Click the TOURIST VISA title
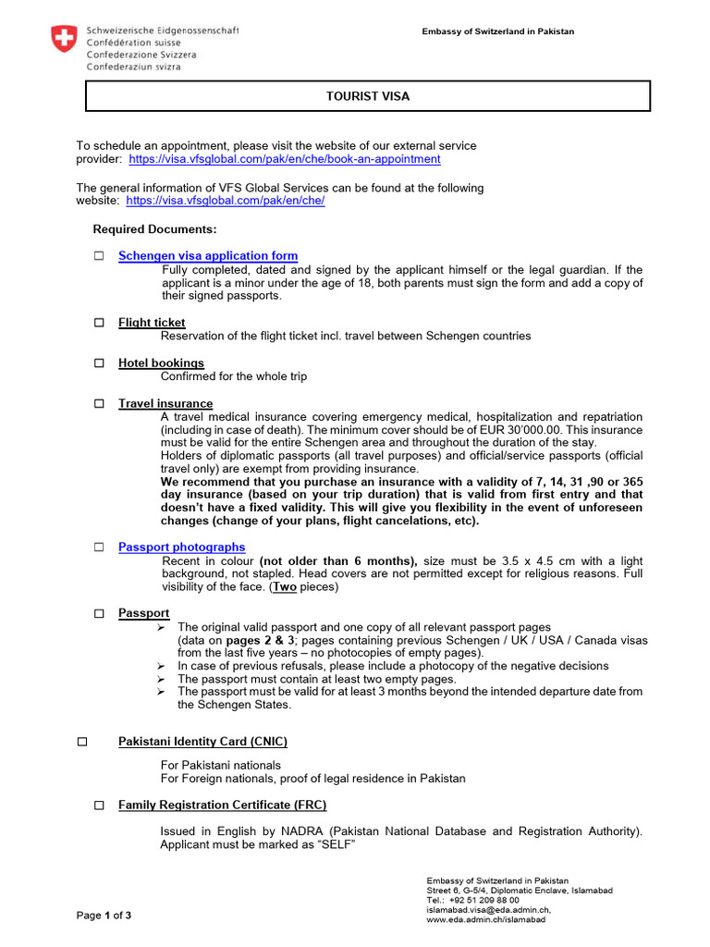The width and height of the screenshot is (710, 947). (x=368, y=96)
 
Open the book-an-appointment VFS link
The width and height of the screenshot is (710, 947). (x=285, y=159)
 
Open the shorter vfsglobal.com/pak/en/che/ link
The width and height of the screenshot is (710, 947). (x=225, y=201)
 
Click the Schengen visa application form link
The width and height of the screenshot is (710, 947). (x=208, y=256)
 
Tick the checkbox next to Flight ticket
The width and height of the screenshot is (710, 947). (x=99, y=323)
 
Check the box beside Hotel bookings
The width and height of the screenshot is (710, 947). (x=99, y=363)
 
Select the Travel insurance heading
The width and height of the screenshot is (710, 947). (x=165, y=404)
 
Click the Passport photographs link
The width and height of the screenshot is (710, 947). (x=182, y=547)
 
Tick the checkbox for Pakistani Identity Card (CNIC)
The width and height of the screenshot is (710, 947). (x=81, y=742)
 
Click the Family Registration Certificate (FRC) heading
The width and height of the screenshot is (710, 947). (x=222, y=806)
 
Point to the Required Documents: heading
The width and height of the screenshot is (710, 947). (x=155, y=229)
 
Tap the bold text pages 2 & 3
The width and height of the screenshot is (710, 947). (x=261, y=640)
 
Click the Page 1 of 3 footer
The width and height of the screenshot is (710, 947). (x=104, y=916)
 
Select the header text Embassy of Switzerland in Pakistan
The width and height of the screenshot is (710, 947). (x=497, y=31)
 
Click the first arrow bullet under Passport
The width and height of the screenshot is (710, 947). (x=161, y=627)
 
